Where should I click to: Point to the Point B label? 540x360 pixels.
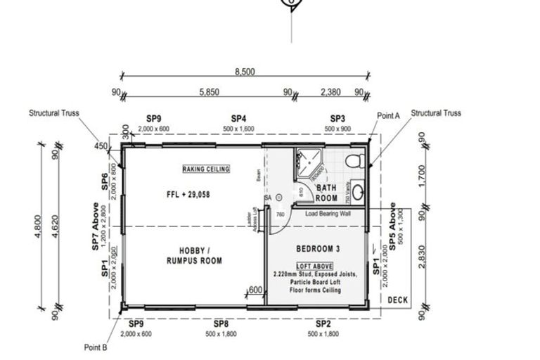pos(95,347)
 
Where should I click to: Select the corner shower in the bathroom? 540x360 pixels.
pos(308,164)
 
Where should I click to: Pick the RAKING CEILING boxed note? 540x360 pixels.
pos(206,169)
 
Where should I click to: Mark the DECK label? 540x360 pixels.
pos(398,300)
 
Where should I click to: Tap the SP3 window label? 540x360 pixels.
pos(337,120)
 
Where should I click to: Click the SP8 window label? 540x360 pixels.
pos(220,323)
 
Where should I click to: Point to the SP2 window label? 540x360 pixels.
pos(323,323)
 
